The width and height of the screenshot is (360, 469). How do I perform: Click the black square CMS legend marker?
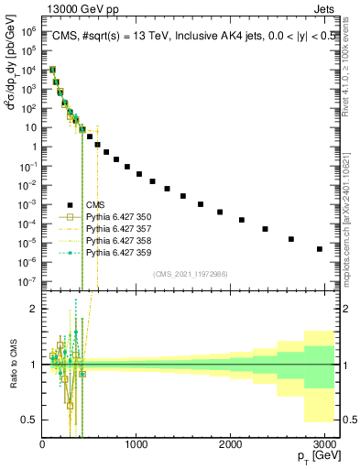68,205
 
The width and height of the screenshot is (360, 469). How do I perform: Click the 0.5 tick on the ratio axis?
31,420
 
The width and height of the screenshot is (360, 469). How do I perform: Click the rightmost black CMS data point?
319,248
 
